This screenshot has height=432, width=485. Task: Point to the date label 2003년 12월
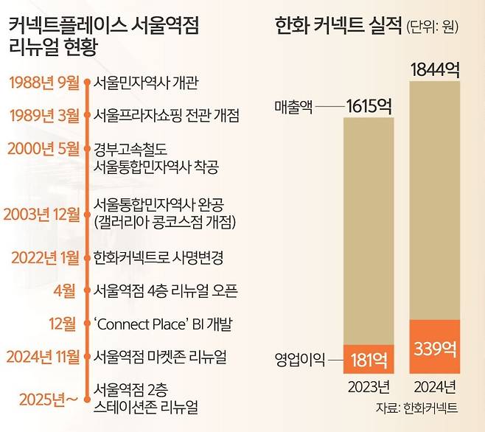click(x=41, y=215)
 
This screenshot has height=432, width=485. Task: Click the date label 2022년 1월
click(x=43, y=257)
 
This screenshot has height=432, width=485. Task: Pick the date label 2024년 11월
click(x=41, y=357)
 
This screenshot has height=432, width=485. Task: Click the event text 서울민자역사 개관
click(x=147, y=82)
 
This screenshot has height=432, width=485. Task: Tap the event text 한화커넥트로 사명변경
click(x=158, y=258)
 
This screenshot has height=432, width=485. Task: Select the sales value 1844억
click(x=435, y=70)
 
